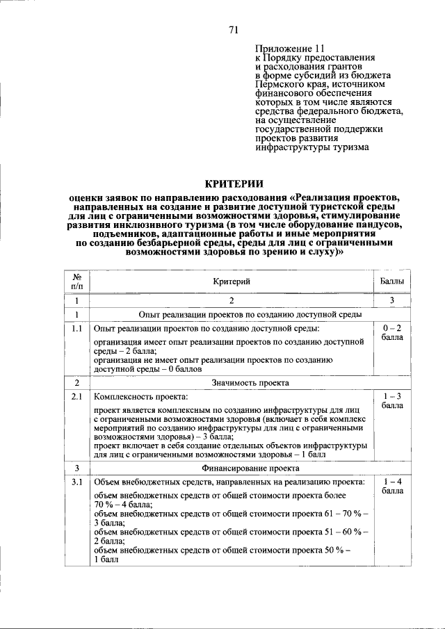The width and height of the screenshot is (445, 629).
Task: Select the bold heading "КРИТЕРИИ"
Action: [x=234, y=183]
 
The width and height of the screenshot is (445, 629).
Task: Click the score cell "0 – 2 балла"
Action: [x=391, y=332]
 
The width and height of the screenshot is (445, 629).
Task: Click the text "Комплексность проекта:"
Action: [x=141, y=398]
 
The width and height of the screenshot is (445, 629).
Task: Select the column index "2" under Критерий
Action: [x=232, y=301]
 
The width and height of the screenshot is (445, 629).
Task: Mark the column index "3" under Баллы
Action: [x=391, y=301]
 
